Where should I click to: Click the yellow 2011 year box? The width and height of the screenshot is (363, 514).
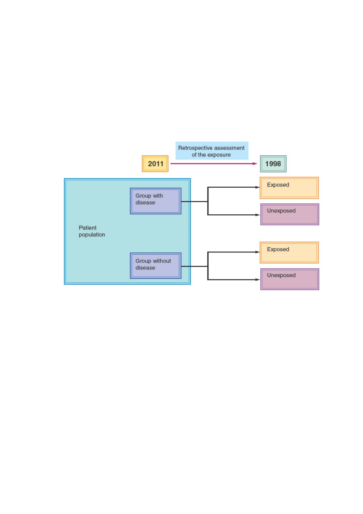coord(155,164)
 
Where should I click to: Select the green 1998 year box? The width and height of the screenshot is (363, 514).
coord(273,164)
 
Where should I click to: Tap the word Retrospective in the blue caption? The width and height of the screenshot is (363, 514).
coord(195,148)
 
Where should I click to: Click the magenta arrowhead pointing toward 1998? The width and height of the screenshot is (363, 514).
coord(255,164)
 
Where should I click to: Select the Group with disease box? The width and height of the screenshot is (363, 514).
coord(156,201)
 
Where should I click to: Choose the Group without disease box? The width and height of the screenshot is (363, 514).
coord(156,266)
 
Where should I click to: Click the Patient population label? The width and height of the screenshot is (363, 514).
coord(92,231)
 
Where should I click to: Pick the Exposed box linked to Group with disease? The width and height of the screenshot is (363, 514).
coord(289,188)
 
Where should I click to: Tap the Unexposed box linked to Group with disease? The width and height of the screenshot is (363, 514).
coord(290,214)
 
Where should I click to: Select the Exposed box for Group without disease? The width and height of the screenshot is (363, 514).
coord(289,252)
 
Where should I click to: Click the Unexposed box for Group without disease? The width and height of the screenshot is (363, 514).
coord(290,279)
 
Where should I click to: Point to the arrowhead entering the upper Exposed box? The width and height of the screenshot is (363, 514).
coord(258,187)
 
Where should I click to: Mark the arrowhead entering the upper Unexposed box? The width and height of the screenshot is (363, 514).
coord(258,215)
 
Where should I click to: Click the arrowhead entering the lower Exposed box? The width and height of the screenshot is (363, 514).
coord(258,252)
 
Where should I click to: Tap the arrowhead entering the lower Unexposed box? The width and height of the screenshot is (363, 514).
coord(258,279)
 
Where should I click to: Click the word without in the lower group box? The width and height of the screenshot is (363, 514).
coord(162,261)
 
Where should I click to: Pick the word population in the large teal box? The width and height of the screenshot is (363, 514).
coord(92,235)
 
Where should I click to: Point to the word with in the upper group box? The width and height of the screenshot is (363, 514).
coord(158,196)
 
